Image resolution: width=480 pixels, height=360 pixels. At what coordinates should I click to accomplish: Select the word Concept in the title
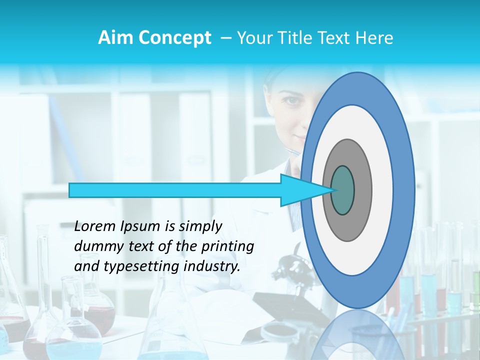(x=174, y=38)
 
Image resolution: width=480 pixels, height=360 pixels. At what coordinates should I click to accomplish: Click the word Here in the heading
(x=374, y=38)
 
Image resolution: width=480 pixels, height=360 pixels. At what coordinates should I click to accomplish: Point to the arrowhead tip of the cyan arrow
(x=331, y=190)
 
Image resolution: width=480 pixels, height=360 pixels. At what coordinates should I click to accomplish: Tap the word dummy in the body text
(x=98, y=246)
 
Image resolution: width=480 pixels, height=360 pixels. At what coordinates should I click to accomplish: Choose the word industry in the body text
(x=210, y=266)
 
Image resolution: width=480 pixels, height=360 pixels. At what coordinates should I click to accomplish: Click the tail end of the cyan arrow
(x=71, y=190)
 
